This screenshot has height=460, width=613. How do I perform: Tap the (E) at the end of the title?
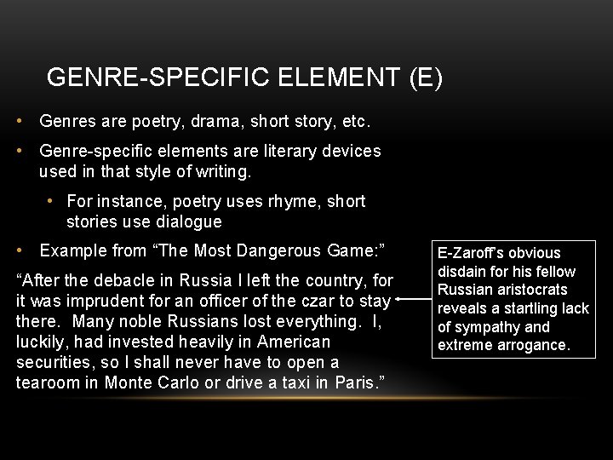tap(425, 78)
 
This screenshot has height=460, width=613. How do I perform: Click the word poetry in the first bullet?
tap(158, 122)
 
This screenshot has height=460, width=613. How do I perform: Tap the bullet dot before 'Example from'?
tap(20, 250)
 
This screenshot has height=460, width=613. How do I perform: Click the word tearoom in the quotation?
tap(45, 382)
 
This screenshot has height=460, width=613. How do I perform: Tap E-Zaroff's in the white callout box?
tap(472, 253)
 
